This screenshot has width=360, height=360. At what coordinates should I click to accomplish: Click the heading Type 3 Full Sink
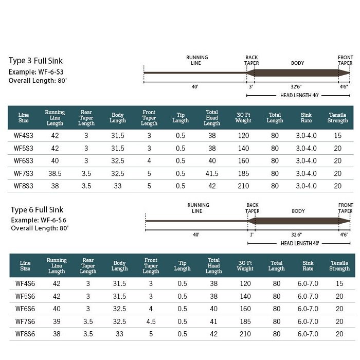35,61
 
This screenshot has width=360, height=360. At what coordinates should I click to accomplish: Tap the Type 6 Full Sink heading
37,210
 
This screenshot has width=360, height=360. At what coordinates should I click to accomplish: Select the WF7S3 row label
24,173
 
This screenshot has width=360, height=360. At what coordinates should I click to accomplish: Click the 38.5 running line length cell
55,173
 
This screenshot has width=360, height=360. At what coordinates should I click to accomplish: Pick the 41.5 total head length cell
212,173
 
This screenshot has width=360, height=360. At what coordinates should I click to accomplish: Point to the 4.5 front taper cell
151,321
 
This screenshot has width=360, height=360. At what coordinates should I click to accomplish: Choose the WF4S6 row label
25,283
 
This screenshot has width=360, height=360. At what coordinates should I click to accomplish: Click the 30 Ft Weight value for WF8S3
243,186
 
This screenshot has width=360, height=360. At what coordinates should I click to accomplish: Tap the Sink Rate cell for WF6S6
308,309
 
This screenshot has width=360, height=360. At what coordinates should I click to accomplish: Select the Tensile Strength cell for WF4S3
337,135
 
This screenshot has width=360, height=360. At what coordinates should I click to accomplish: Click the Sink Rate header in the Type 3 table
307,118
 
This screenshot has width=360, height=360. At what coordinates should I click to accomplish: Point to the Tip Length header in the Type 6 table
182,266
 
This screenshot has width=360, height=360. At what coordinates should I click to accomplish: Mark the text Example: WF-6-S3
36,72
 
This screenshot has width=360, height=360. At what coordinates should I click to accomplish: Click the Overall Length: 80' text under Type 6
40,228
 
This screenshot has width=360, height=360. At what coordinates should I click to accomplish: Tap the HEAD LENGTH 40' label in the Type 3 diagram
299,95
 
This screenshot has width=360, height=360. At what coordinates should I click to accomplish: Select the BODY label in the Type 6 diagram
298,211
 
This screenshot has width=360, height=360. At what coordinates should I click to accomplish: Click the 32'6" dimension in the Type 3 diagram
296,87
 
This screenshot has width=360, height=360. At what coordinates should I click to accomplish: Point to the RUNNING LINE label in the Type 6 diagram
198,208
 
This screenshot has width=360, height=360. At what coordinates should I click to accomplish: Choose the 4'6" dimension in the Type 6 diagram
344,235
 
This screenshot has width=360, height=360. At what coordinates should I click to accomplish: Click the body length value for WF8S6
119,334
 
